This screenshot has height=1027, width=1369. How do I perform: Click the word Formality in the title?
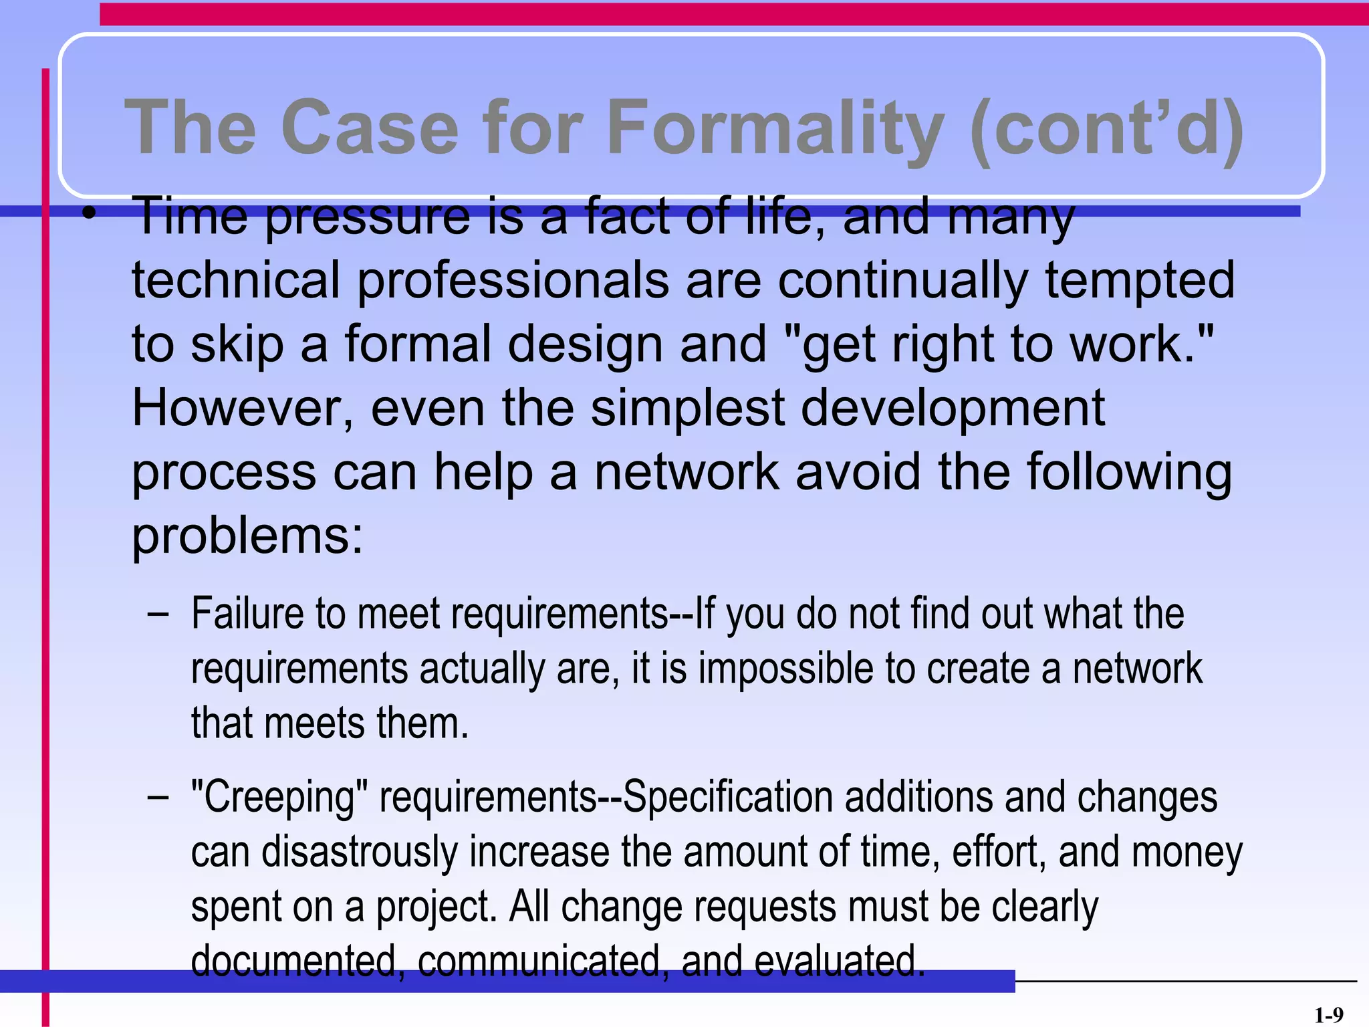coord(775,127)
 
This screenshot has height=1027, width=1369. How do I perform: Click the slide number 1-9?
coord(1328,1015)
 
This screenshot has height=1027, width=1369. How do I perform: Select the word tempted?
coord(1140,281)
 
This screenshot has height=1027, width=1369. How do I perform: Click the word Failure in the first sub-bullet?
coord(247,613)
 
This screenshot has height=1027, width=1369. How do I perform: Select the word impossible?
coord(785,669)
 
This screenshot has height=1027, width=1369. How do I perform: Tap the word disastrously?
coord(359,852)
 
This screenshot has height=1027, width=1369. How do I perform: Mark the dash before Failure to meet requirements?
coord(158,614)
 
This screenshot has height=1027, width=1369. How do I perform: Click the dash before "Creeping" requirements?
coord(158,798)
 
